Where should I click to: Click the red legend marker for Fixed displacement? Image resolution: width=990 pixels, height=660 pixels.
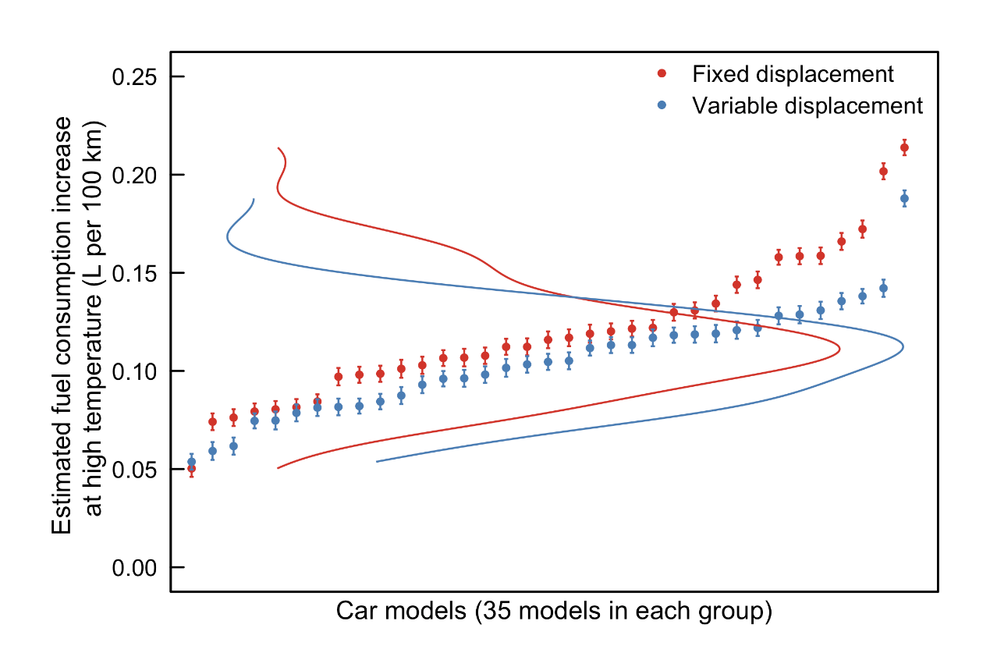click(662, 73)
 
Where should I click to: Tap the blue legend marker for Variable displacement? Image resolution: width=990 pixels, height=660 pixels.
click(662, 105)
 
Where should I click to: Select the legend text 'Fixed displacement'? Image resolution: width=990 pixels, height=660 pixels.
click(793, 74)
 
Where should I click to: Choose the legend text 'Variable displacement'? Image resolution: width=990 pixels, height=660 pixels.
click(807, 105)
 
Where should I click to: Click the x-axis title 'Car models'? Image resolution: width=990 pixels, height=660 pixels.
click(554, 611)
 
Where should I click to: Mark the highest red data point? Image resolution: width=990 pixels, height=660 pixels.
click(904, 147)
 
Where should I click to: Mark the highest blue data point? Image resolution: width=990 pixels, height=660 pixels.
click(904, 199)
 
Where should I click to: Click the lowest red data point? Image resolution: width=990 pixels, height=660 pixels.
click(192, 469)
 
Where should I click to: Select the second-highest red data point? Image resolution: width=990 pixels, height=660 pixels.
click(883, 172)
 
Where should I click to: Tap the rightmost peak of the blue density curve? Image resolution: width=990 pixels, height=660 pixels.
click(903, 346)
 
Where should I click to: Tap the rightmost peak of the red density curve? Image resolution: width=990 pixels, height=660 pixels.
click(839, 350)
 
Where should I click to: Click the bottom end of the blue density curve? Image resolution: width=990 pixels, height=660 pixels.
click(377, 461)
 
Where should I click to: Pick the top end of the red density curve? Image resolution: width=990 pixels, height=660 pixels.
click(278, 147)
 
